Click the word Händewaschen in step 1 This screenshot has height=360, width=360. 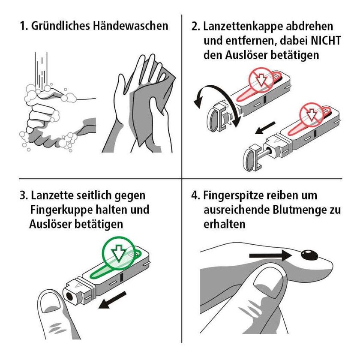click(x=130, y=25)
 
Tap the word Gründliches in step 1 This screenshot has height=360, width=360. click(x=60, y=26)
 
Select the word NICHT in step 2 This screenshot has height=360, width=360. click(x=326, y=41)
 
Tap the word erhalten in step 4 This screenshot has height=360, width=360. click(x=224, y=224)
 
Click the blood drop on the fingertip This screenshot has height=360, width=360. click(x=309, y=255)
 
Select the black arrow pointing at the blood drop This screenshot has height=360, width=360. click(x=270, y=255)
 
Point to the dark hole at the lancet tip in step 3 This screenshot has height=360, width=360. click(x=69, y=297)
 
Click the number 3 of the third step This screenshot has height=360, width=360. click(x=23, y=196)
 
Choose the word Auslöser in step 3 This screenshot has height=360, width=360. click(x=50, y=224)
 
